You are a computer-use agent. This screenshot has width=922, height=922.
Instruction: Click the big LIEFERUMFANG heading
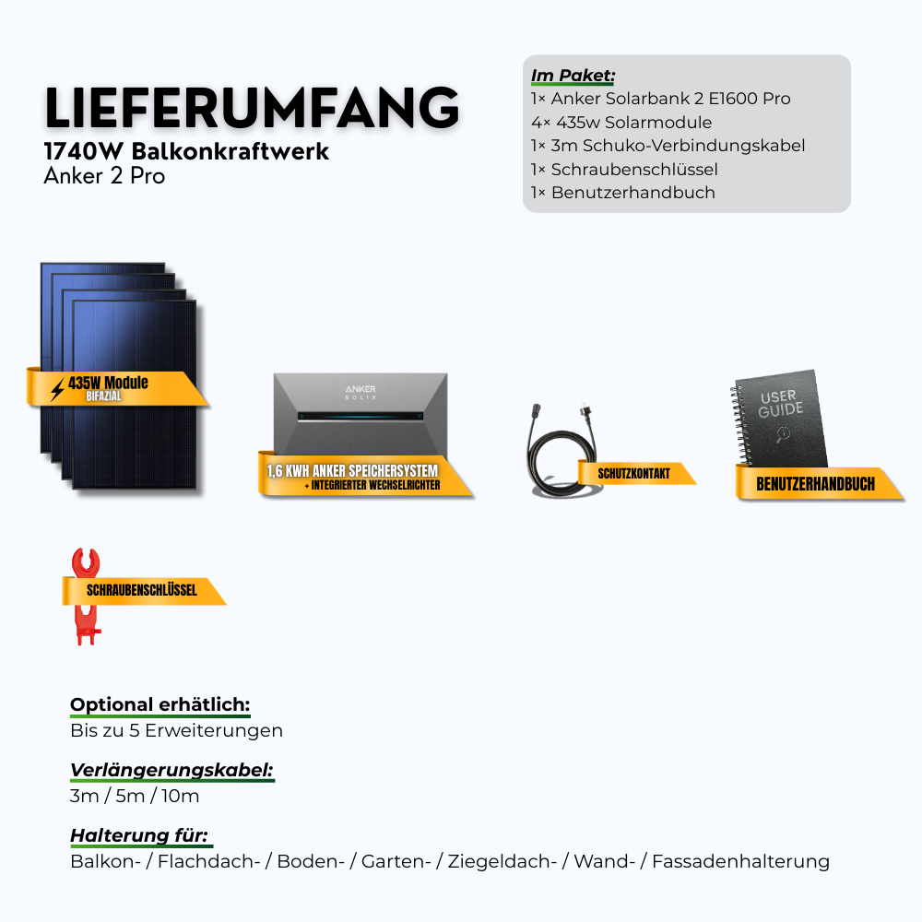[252, 109]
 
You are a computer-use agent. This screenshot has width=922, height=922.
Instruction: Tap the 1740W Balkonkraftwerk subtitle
[186, 152]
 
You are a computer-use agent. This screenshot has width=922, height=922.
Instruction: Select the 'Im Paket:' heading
[573, 75]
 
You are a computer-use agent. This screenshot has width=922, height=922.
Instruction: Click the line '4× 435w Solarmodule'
[621, 122]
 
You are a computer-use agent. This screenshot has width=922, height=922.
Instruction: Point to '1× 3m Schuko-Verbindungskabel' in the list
[668, 146]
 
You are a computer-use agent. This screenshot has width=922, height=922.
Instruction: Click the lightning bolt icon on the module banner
[57, 390]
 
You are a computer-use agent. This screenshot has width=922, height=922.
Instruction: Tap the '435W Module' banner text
[108, 383]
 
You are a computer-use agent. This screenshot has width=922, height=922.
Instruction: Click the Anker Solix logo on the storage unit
[361, 392]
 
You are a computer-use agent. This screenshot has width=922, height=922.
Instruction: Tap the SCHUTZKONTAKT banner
[634, 474]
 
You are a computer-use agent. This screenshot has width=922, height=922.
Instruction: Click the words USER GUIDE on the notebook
[781, 403]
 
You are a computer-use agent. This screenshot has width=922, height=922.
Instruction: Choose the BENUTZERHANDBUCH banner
[815, 484]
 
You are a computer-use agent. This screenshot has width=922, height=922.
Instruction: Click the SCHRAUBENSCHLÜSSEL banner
[142, 590]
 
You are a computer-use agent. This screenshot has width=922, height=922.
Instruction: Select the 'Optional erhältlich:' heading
[160, 705]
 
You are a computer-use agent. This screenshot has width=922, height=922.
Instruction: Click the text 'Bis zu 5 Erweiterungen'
[176, 731]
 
